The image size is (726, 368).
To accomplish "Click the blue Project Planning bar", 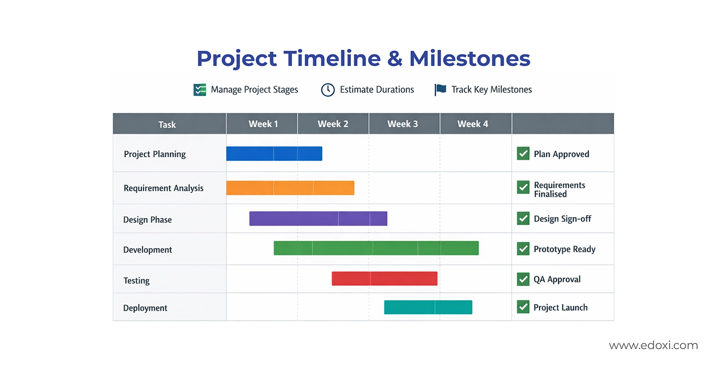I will [274, 153].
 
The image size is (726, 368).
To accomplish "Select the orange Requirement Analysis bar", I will [290, 188].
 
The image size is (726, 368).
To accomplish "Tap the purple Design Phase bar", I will [318, 218].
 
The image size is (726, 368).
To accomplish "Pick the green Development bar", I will [376, 248].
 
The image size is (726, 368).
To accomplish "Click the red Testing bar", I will [384, 278].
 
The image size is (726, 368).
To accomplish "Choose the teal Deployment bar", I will [428, 307].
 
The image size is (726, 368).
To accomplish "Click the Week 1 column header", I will [263, 124].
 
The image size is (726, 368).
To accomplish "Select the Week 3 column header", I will [402, 124].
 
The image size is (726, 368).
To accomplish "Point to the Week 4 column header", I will [472, 124].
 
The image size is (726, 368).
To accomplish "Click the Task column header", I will [167, 124].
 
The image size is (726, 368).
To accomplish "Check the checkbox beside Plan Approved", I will [523, 153].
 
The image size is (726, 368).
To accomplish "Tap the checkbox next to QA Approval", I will [523, 279].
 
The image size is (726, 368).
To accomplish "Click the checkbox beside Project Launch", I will [523, 307].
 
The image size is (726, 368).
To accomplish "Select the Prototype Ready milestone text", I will [564, 249].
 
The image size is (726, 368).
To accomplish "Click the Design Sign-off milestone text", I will [562, 219].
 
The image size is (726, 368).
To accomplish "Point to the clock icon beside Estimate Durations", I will [328, 90].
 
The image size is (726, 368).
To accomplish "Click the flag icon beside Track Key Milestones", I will [440, 90].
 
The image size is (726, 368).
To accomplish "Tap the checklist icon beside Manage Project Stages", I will [199, 90].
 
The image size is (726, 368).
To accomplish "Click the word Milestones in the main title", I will [469, 59].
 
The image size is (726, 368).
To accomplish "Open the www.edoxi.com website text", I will [653, 345].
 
